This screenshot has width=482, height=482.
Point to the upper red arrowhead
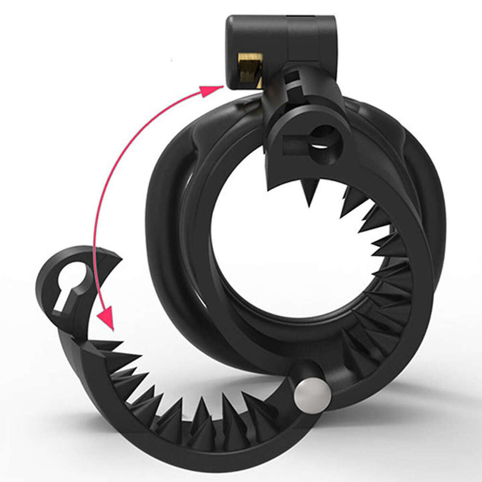point(210,90)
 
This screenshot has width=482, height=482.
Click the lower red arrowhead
point(106,319)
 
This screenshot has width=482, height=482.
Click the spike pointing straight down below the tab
point(308,193)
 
